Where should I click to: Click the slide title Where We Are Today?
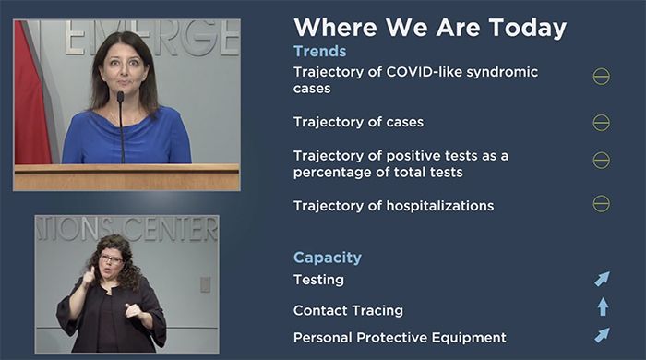point(429,27)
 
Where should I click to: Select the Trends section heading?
point(319,52)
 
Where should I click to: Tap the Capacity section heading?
point(327,258)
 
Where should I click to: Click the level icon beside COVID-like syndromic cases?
point(601,77)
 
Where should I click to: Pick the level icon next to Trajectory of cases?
point(601,122)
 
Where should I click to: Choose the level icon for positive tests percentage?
point(601,160)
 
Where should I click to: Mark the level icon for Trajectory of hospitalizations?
point(601,204)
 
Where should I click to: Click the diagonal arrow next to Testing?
point(602,279)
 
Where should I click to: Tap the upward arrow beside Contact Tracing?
point(602,306)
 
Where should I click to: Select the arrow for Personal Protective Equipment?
point(602,335)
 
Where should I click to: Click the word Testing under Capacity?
point(318,280)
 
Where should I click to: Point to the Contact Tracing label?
point(348,310)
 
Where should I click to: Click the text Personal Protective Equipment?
point(400,338)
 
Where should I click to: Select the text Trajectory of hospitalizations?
point(393,205)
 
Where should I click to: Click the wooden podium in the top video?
point(126,177)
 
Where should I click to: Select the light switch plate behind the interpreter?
point(205,284)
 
